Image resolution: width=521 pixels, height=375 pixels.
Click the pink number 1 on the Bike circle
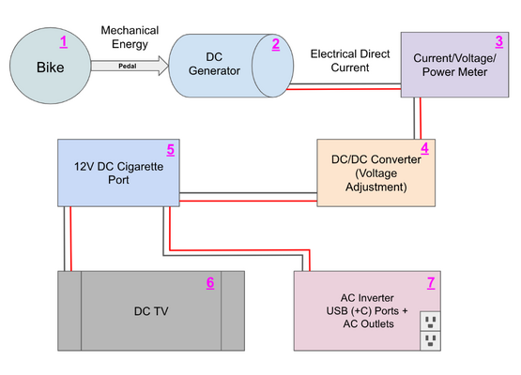64,42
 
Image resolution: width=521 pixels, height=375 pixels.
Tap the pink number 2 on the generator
276,44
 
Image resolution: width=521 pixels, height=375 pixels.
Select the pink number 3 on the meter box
499,42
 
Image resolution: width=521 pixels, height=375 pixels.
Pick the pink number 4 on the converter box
424,148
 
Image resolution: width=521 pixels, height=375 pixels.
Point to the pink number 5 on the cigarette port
171,150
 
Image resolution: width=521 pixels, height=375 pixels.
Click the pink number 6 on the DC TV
210,283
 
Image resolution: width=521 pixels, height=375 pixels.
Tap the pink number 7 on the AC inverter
431,283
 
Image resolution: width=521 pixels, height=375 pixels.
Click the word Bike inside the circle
50,67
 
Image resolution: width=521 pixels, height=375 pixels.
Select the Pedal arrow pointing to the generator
130,66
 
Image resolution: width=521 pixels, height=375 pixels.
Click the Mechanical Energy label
130,37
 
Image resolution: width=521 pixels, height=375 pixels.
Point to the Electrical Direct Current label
350,61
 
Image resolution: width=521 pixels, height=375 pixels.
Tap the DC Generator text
214,64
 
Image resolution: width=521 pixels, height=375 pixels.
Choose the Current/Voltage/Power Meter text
454,65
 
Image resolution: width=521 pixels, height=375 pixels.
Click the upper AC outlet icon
430,321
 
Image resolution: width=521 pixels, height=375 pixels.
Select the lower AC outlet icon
430,340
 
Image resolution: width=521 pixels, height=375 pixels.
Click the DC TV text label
151,311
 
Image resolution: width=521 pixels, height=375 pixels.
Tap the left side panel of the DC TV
69,311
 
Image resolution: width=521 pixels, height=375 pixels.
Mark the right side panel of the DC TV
233,311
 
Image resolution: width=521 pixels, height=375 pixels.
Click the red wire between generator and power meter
344,89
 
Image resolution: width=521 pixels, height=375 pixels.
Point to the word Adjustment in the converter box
376,187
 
